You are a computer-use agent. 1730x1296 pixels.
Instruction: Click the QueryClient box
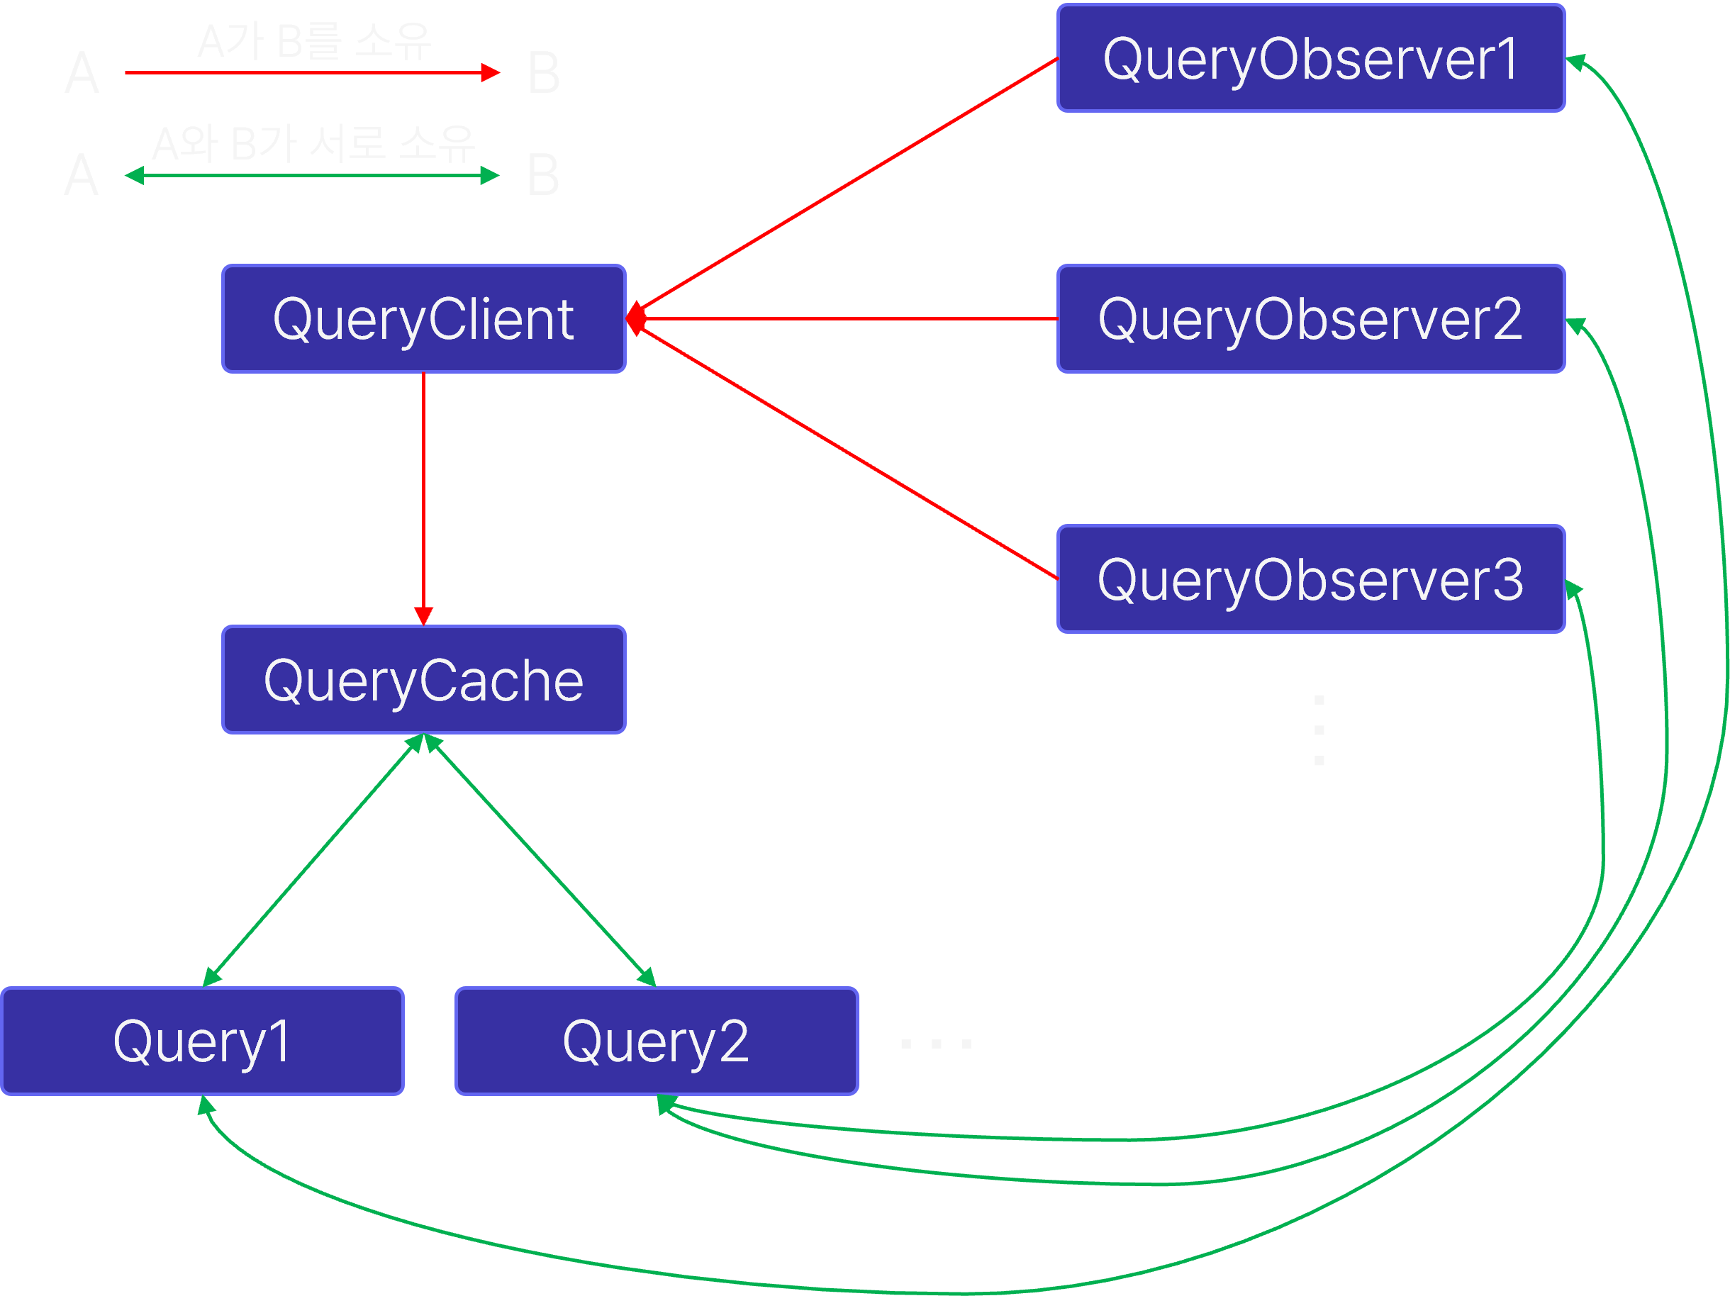[423, 319]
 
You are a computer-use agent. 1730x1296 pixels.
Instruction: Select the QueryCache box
[423, 680]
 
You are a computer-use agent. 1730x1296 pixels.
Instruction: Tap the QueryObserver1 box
[1310, 59]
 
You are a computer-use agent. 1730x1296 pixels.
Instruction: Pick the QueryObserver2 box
[1310, 319]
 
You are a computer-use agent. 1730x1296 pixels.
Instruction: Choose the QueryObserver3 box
[1310, 579]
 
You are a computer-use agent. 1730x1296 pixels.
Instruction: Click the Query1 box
[202, 1041]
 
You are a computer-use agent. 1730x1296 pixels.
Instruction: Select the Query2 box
[656, 1041]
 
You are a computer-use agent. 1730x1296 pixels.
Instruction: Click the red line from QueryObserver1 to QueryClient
[849, 184]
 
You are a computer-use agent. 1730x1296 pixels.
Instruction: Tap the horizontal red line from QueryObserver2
[849, 319]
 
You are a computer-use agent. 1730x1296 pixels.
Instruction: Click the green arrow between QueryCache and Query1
[313, 861]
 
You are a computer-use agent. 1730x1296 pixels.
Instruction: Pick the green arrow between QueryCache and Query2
[540, 861]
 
